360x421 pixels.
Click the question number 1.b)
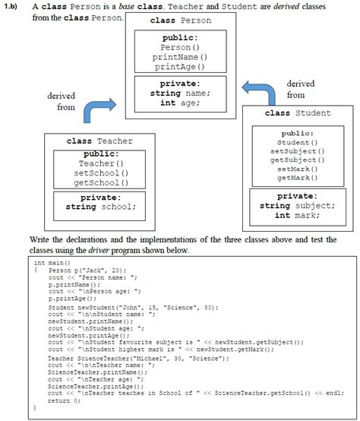(x=15, y=5)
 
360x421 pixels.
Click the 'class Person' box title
(x=180, y=20)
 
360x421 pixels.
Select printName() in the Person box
(x=180, y=57)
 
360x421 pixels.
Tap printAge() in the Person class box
(x=180, y=67)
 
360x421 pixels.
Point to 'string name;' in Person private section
(x=180, y=93)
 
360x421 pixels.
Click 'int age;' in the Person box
(x=179, y=103)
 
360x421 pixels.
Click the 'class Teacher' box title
(x=99, y=141)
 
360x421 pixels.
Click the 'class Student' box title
(x=297, y=113)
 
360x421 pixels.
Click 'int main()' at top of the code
(x=52, y=262)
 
